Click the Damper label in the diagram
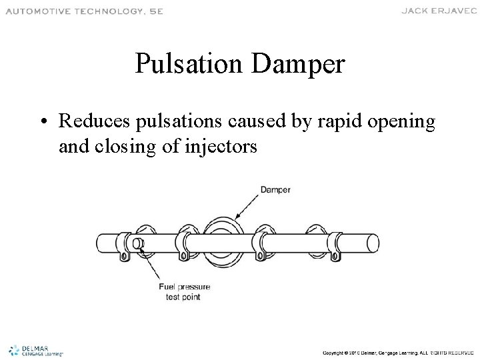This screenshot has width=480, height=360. pos(275,190)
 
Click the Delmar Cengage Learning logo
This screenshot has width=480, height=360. pos(37,349)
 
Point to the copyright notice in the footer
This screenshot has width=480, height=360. pos(397,351)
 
